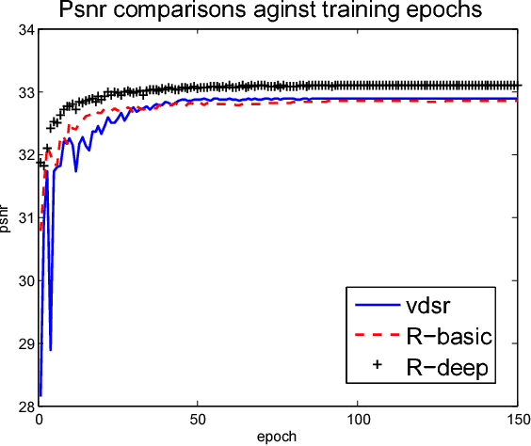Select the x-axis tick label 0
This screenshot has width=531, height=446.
(x=38, y=421)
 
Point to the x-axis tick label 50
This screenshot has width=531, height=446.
(x=198, y=421)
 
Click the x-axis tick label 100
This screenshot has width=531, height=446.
(x=359, y=421)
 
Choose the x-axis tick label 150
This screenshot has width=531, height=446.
(x=517, y=421)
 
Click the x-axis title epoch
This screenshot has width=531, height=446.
(x=279, y=438)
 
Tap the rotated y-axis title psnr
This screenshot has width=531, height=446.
(x=7, y=219)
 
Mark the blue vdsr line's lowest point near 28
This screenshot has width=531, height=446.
(x=40, y=395)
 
